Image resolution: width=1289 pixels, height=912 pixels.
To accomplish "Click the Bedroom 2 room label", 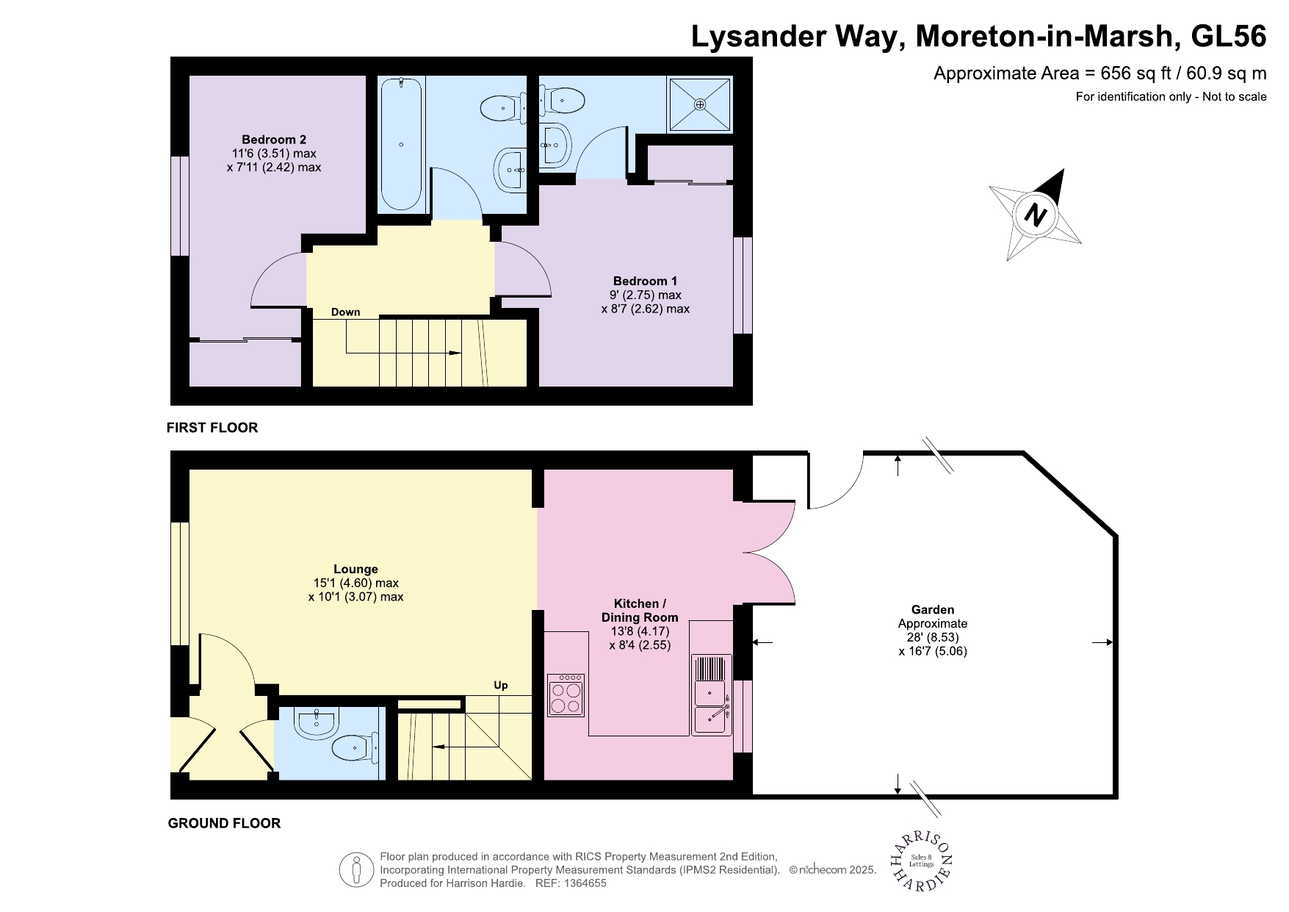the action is (x=274, y=140).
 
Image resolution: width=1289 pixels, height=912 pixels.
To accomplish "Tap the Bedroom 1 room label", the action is (x=645, y=281).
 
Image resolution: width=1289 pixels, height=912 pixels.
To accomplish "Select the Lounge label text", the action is (x=355, y=569).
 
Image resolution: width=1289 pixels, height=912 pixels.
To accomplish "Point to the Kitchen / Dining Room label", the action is (x=640, y=610).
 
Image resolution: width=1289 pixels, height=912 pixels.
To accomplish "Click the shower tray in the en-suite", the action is (x=700, y=104).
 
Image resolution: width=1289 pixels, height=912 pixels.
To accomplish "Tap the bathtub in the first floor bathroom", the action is (x=401, y=144).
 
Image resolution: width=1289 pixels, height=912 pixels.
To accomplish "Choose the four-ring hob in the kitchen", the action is (x=566, y=695).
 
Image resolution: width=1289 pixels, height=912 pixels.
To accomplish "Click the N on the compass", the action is (x=1035, y=215).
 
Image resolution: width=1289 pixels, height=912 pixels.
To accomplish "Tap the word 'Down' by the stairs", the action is (x=345, y=312).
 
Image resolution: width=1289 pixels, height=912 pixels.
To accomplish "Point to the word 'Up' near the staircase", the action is (x=501, y=685).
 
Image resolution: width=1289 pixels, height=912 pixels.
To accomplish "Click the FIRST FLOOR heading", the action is (x=212, y=428).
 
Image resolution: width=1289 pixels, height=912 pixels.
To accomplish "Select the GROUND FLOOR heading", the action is (x=224, y=823).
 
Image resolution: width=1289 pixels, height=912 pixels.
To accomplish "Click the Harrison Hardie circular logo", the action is (x=922, y=861).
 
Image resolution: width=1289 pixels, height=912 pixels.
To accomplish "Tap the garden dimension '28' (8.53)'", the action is (x=933, y=637).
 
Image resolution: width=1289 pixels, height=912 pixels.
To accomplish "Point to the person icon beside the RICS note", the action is (x=357, y=869).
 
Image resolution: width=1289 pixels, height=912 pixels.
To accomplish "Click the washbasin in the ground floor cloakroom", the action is (x=317, y=723).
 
